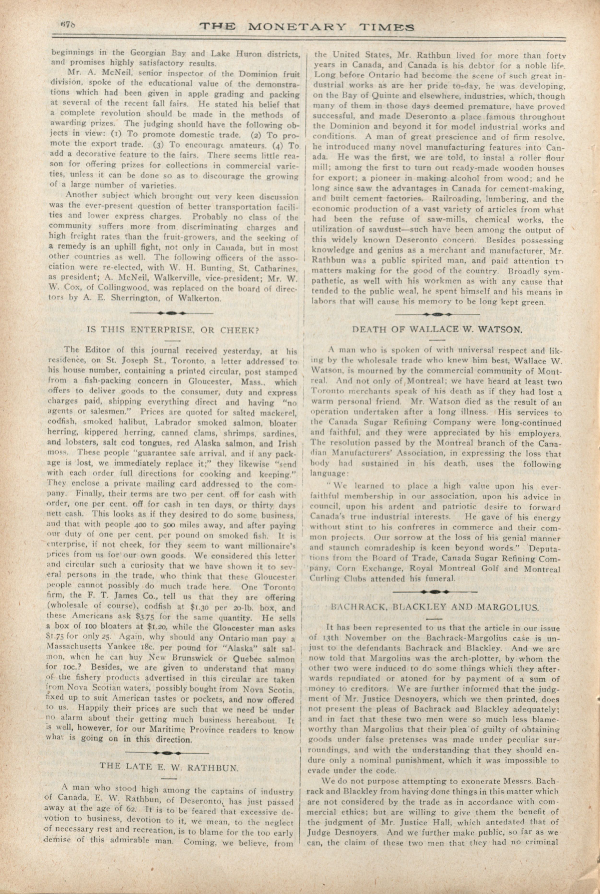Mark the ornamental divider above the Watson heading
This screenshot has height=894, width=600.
point(437,314)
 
